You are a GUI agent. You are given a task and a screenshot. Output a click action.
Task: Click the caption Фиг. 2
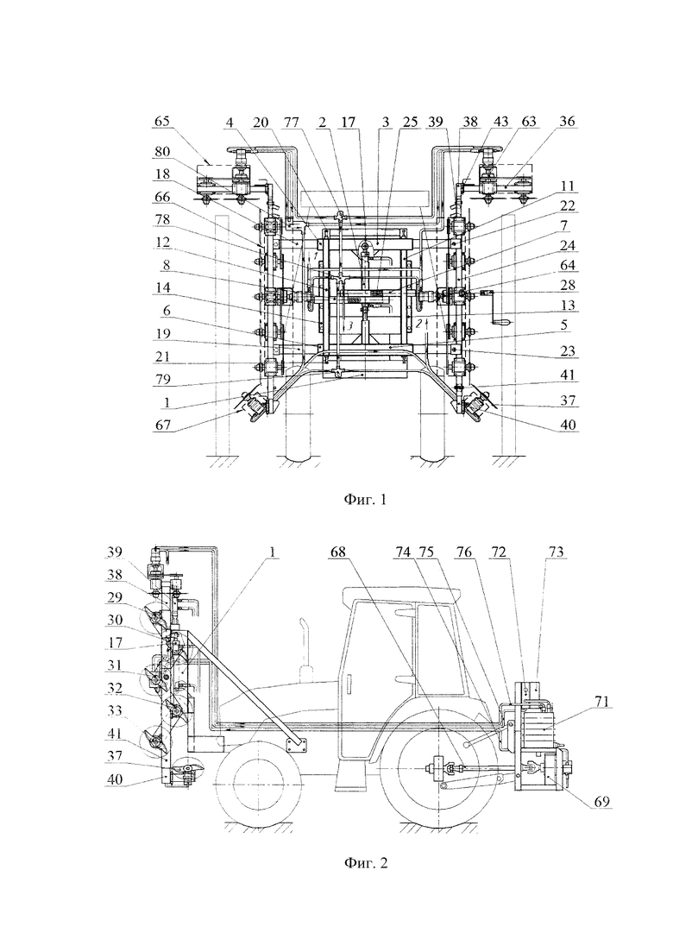coord(365,862)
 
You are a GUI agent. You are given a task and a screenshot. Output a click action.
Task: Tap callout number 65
coord(161,122)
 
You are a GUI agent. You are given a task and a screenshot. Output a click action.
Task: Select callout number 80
coord(161,151)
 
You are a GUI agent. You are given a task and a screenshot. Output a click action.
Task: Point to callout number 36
coord(567,122)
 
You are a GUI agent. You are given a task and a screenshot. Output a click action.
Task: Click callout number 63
coord(529,122)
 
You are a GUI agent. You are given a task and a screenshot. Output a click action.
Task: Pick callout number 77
coord(292,122)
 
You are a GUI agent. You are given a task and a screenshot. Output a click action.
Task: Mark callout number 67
coord(161,425)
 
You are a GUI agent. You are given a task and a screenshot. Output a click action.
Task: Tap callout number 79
coord(161,380)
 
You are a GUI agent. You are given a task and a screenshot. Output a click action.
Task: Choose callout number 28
coord(567,285)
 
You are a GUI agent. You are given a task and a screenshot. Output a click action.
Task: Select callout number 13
coord(567,306)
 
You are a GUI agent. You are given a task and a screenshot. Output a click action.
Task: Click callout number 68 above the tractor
coord(338,552)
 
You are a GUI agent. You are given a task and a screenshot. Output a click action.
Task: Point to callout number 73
coord(556,552)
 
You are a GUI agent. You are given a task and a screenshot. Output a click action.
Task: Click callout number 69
coord(601,802)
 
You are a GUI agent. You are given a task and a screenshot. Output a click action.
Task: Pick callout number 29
coord(116,597)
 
